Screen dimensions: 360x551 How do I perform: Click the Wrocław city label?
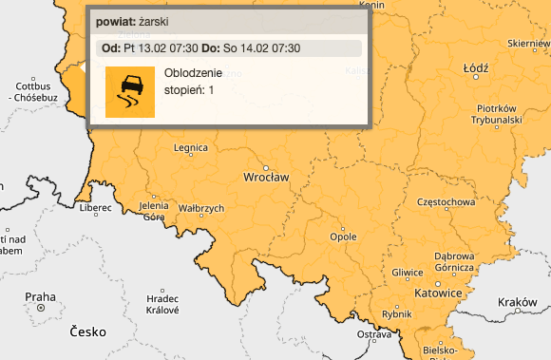(267, 178)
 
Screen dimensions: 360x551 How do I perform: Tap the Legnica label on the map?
(191, 148)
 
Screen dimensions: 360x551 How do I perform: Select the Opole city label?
(342, 236)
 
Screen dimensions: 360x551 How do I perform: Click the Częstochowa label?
(446, 201)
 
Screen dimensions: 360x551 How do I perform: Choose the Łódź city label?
(475, 69)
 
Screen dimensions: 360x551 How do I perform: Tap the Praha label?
(41, 295)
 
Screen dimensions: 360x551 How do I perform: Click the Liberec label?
(96, 207)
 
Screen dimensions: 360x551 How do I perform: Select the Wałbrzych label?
(201, 208)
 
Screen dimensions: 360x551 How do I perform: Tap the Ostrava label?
(374, 334)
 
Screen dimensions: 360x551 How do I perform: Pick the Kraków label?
(517, 302)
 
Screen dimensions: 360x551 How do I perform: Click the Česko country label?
(86, 332)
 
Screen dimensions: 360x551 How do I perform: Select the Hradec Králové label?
(162, 304)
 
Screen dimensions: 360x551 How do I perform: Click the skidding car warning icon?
(130, 92)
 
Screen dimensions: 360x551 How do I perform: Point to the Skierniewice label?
(529, 44)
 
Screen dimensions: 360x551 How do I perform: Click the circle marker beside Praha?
(41, 309)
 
